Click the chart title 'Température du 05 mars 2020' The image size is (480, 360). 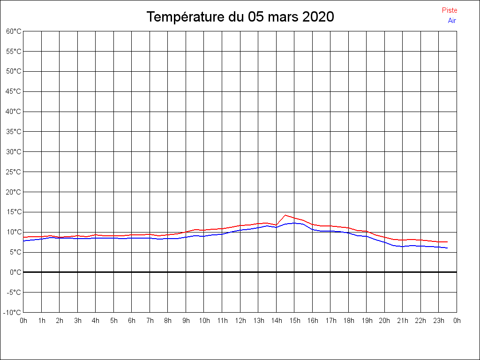240,17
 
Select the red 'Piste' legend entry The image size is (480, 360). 449,10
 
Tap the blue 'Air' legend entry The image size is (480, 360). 452,21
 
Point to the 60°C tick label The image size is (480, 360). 14,31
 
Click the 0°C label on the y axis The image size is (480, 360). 15,272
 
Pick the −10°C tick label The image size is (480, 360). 13,313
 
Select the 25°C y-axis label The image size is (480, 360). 14,172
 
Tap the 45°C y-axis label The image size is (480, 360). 14,91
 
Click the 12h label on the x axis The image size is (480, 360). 240,321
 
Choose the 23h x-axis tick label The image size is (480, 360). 439,321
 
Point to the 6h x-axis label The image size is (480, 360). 132,321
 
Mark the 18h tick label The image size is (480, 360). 348,321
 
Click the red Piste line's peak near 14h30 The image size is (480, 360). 285,215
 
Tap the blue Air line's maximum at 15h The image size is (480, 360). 294,223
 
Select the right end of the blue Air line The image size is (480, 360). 447,248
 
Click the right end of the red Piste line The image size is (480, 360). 447,242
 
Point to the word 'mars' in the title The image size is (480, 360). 283,17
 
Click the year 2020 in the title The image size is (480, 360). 318,17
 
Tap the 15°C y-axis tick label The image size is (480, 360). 14,212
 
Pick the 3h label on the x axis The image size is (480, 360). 78,321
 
